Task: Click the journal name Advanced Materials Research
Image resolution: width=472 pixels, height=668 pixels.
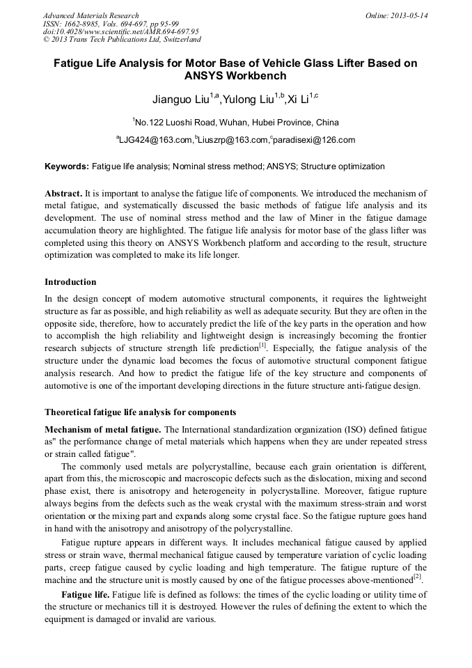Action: tap(91, 15)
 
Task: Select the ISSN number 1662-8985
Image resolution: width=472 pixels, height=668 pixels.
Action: tap(86, 23)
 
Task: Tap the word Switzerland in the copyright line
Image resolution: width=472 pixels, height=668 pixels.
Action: tap(174, 40)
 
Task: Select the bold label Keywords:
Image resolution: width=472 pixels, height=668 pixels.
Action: tap(67, 167)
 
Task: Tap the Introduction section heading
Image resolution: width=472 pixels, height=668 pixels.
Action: tap(70, 282)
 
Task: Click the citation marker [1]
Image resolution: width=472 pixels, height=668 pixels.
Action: tap(262, 345)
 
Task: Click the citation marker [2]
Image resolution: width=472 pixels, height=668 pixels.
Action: tap(417, 577)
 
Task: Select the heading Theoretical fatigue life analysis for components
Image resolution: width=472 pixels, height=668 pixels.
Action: tap(140, 412)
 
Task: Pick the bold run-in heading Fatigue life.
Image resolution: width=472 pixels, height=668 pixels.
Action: tap(86, 595)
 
